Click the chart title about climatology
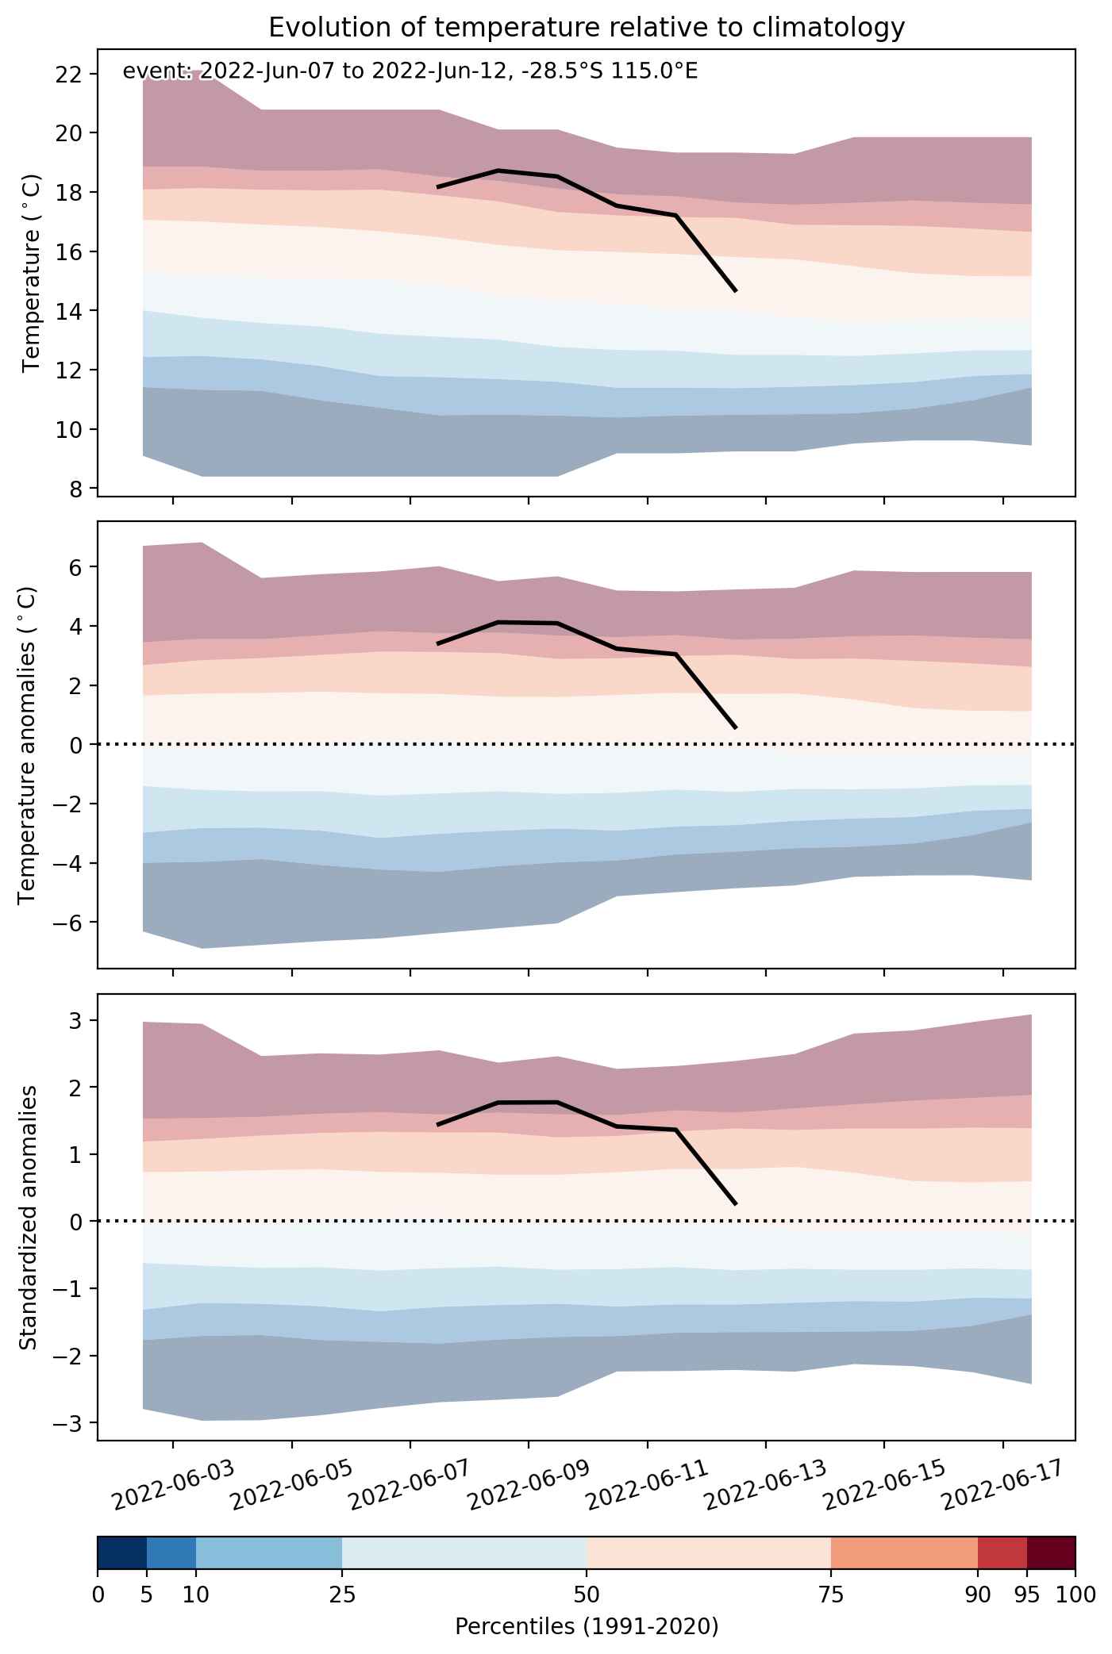(x=587, y=28)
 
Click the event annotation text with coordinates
(x=410, y=72)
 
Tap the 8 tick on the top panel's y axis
(x=75, y=489)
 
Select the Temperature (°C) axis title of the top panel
(x=31, y=272)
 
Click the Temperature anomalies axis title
(x=28, y=744)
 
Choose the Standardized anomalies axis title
(x=28, y=1217)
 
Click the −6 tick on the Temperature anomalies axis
(x=67, y=923)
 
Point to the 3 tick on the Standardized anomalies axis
(x=75, y=1020)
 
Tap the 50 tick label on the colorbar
(x=587, y=1595)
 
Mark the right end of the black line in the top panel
(x=737, y=291)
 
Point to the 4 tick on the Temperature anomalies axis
(x=75, y=627)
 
